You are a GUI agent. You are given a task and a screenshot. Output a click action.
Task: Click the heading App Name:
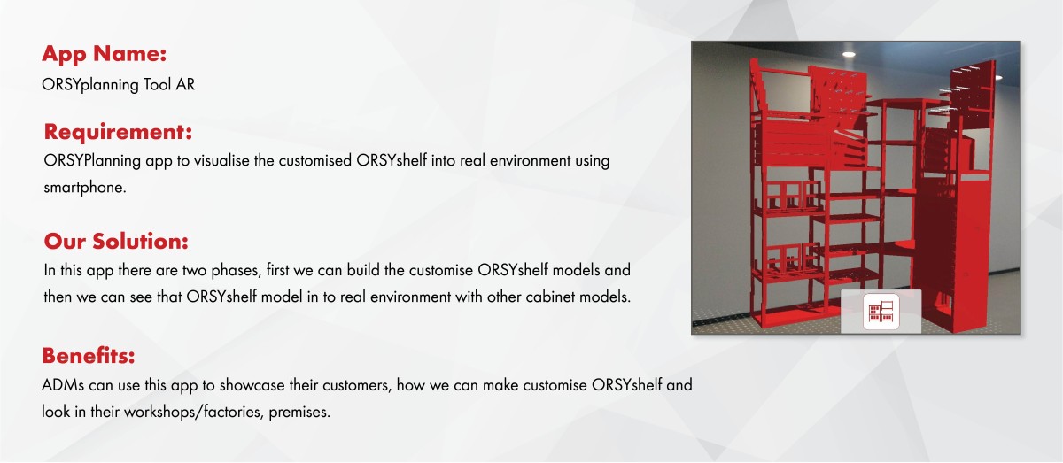[105, 55]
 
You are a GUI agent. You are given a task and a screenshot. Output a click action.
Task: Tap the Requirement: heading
[118, 132]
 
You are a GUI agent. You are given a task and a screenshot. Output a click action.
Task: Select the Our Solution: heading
[116, 241]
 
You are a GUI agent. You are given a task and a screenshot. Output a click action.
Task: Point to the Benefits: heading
[89, 355]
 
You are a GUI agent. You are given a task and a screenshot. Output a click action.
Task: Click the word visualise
[221, 160]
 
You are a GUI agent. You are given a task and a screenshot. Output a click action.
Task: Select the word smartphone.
[85, 188]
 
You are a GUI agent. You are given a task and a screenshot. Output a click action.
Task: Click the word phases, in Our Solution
[237, 271]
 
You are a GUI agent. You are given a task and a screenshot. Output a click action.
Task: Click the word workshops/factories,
[194, 412]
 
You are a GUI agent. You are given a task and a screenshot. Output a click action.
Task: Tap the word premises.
[299, 413]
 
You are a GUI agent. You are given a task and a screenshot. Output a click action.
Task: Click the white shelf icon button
[881, 312]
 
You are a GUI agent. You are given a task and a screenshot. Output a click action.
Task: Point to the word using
[593, 161]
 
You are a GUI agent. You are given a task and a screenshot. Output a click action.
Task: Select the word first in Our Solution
[277, 270]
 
